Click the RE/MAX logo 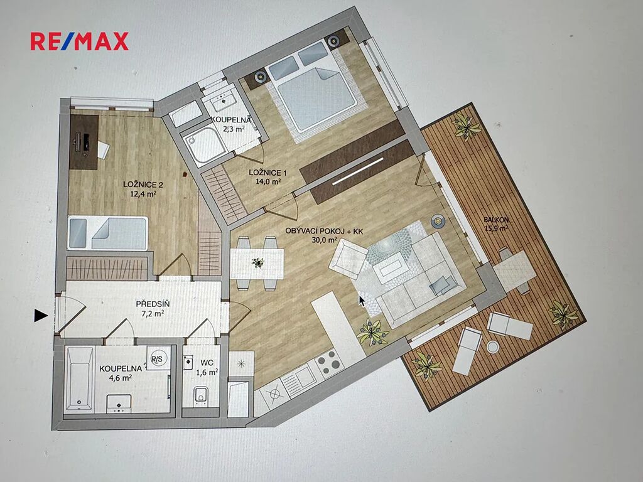(80, 41)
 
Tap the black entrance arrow (41, 315)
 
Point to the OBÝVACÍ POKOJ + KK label (325, 231)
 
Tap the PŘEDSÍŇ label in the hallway (153, 304)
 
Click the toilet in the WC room (200, 395)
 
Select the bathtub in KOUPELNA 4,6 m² (80, 378)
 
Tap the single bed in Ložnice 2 (107, 233)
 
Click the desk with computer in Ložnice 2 (84, 142)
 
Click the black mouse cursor (362, 301)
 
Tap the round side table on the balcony (492, 346)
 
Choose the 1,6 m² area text (207, 373)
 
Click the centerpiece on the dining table (257, 263)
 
